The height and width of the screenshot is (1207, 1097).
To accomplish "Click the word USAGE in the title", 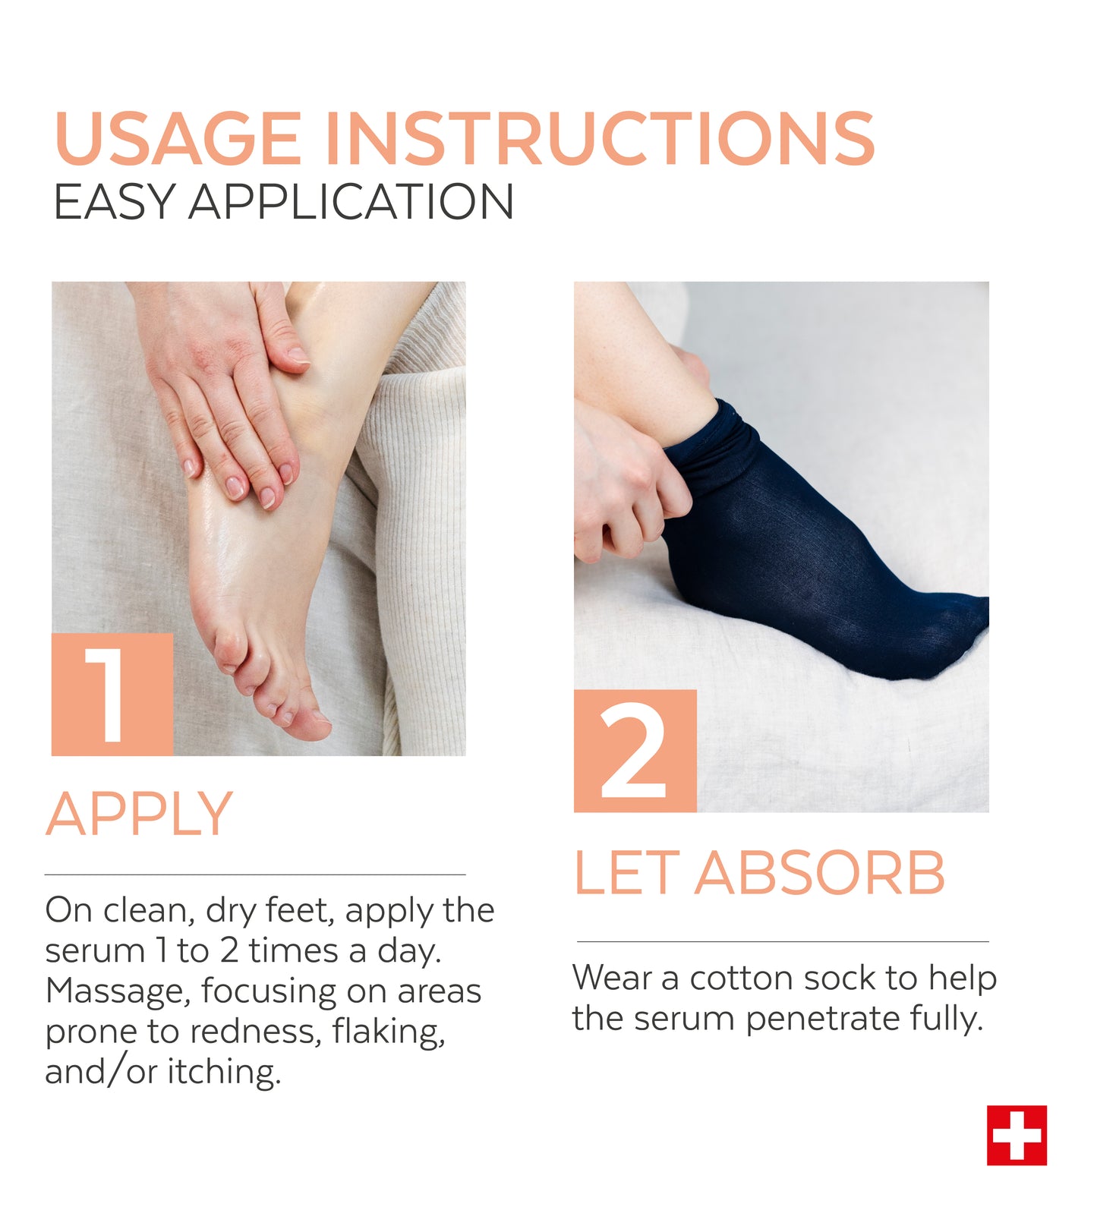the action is coord(178,138).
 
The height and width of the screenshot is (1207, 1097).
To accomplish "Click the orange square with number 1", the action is coord(112,695).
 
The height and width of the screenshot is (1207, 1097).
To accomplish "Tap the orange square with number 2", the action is coord(635,751).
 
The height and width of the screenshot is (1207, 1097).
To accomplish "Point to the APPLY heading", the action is coord(140,814).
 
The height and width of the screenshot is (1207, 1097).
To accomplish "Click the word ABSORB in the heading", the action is coord(820,873).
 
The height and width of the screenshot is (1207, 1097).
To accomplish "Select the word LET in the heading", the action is coord(625,873).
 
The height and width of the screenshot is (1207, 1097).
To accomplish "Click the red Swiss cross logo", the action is coord(1017,1135).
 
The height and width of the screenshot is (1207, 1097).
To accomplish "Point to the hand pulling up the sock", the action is coord(629,486).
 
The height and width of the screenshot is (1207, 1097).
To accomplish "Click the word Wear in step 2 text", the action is coord(612,978).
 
